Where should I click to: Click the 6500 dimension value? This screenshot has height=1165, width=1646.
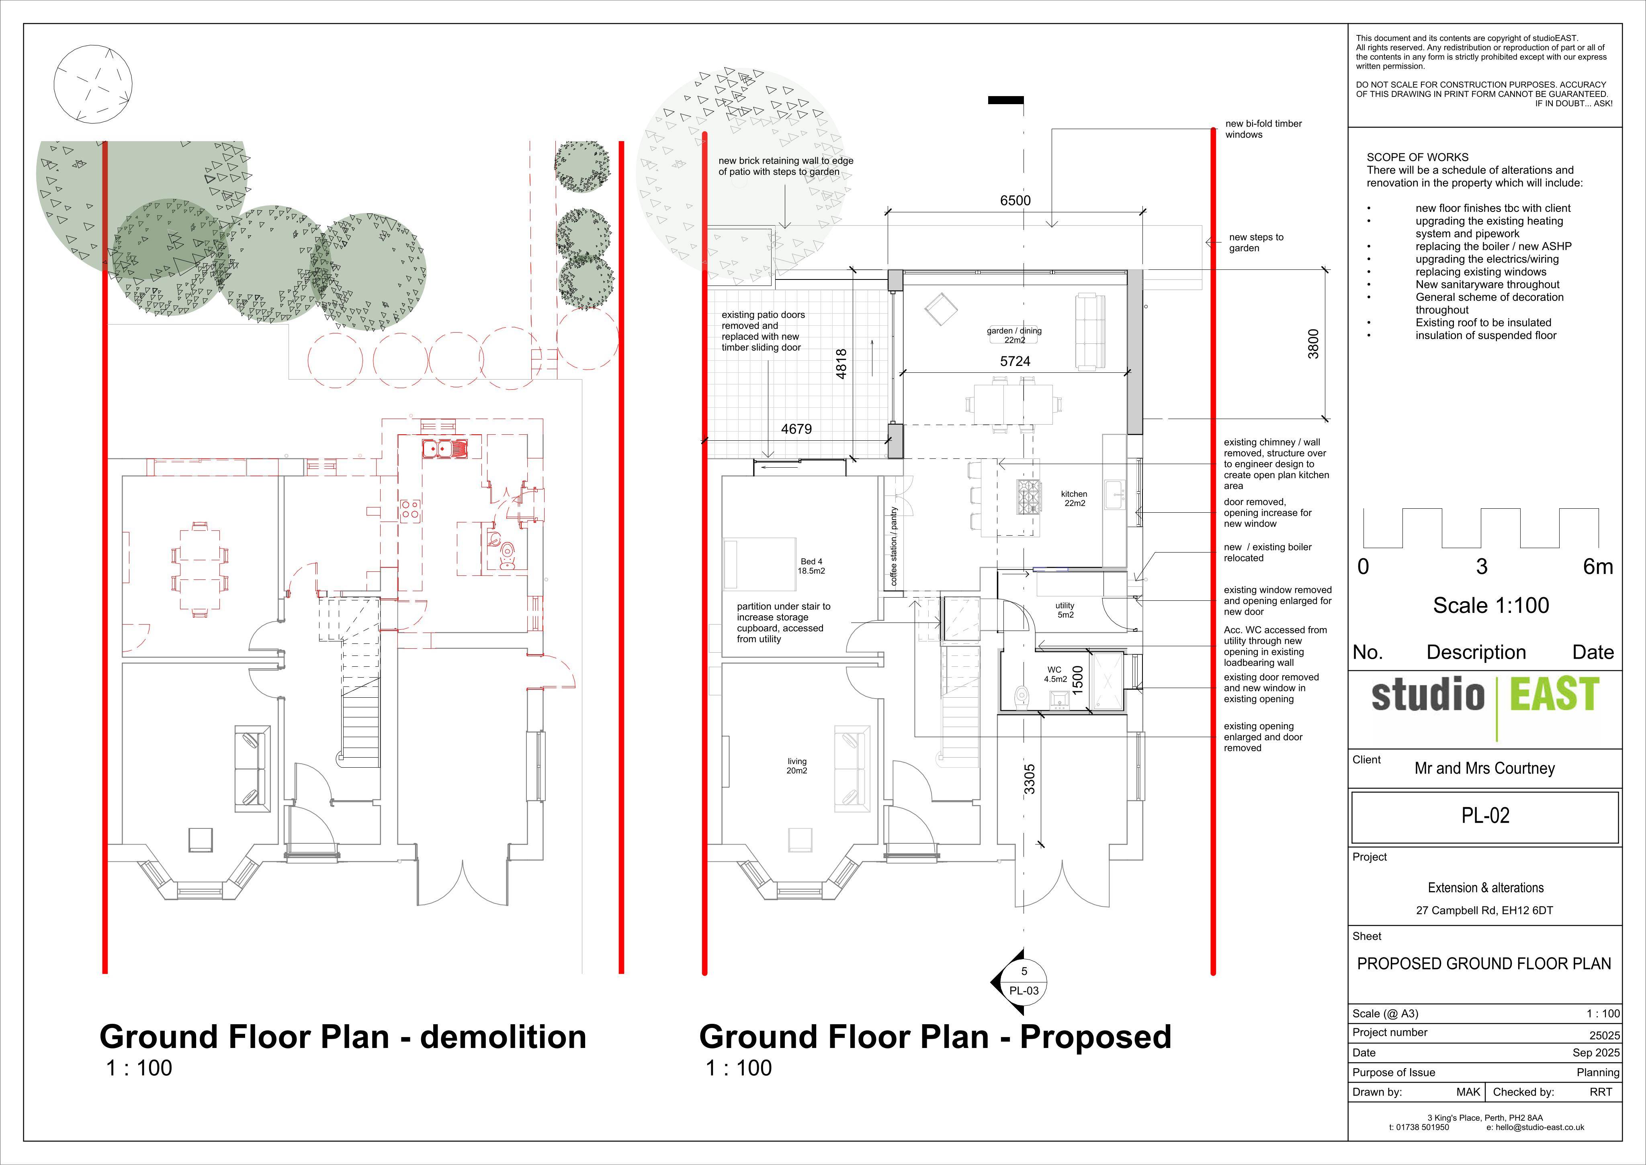pos(1015,201)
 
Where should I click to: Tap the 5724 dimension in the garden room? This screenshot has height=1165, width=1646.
pos(1015,362)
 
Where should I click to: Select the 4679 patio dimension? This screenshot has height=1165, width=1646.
pos(796,429)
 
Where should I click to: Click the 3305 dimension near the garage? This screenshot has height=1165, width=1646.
pos(1029,780)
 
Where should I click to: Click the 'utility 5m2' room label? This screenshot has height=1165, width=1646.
pos(1065,610)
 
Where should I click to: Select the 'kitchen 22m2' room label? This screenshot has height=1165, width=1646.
pos(1074,499)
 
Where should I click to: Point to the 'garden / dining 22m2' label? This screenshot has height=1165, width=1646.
pos(1014,335)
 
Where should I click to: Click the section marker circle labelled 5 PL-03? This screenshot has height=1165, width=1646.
pos(1024,981)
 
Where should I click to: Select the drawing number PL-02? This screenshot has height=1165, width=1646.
pos(1485,816)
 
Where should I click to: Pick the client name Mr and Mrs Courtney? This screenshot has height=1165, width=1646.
pos(1485,768)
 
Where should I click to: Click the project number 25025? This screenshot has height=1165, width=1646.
pos(1605,1036)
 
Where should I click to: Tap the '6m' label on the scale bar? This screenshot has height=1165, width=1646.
pos(1598,567)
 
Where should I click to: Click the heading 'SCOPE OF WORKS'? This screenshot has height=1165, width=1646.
pos(1417,157)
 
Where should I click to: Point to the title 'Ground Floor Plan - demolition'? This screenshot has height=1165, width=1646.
pos(343,1037)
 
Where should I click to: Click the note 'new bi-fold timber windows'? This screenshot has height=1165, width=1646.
pos(1263,129)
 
